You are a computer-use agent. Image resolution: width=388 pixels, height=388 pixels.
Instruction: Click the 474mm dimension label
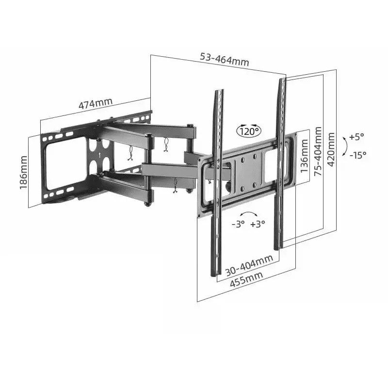click(x=96, y=103)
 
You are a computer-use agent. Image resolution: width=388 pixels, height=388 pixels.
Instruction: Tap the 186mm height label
click(x=23, y=173)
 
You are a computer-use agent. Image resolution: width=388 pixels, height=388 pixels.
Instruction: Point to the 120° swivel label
click(x=249, y=131)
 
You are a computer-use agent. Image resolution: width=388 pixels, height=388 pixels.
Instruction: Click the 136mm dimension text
click(x=305, y=156)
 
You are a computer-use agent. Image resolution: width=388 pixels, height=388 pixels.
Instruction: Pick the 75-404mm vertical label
click(x=318, y=151)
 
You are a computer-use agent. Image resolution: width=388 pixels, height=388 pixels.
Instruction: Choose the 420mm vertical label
click(x=331, y=149)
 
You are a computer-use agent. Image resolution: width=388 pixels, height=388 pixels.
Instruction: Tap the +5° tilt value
click(x=356, y=137)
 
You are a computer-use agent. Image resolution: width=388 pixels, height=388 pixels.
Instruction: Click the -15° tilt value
click(x=358, y=155)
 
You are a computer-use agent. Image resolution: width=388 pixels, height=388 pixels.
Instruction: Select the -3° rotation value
click(x=238, y=224)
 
